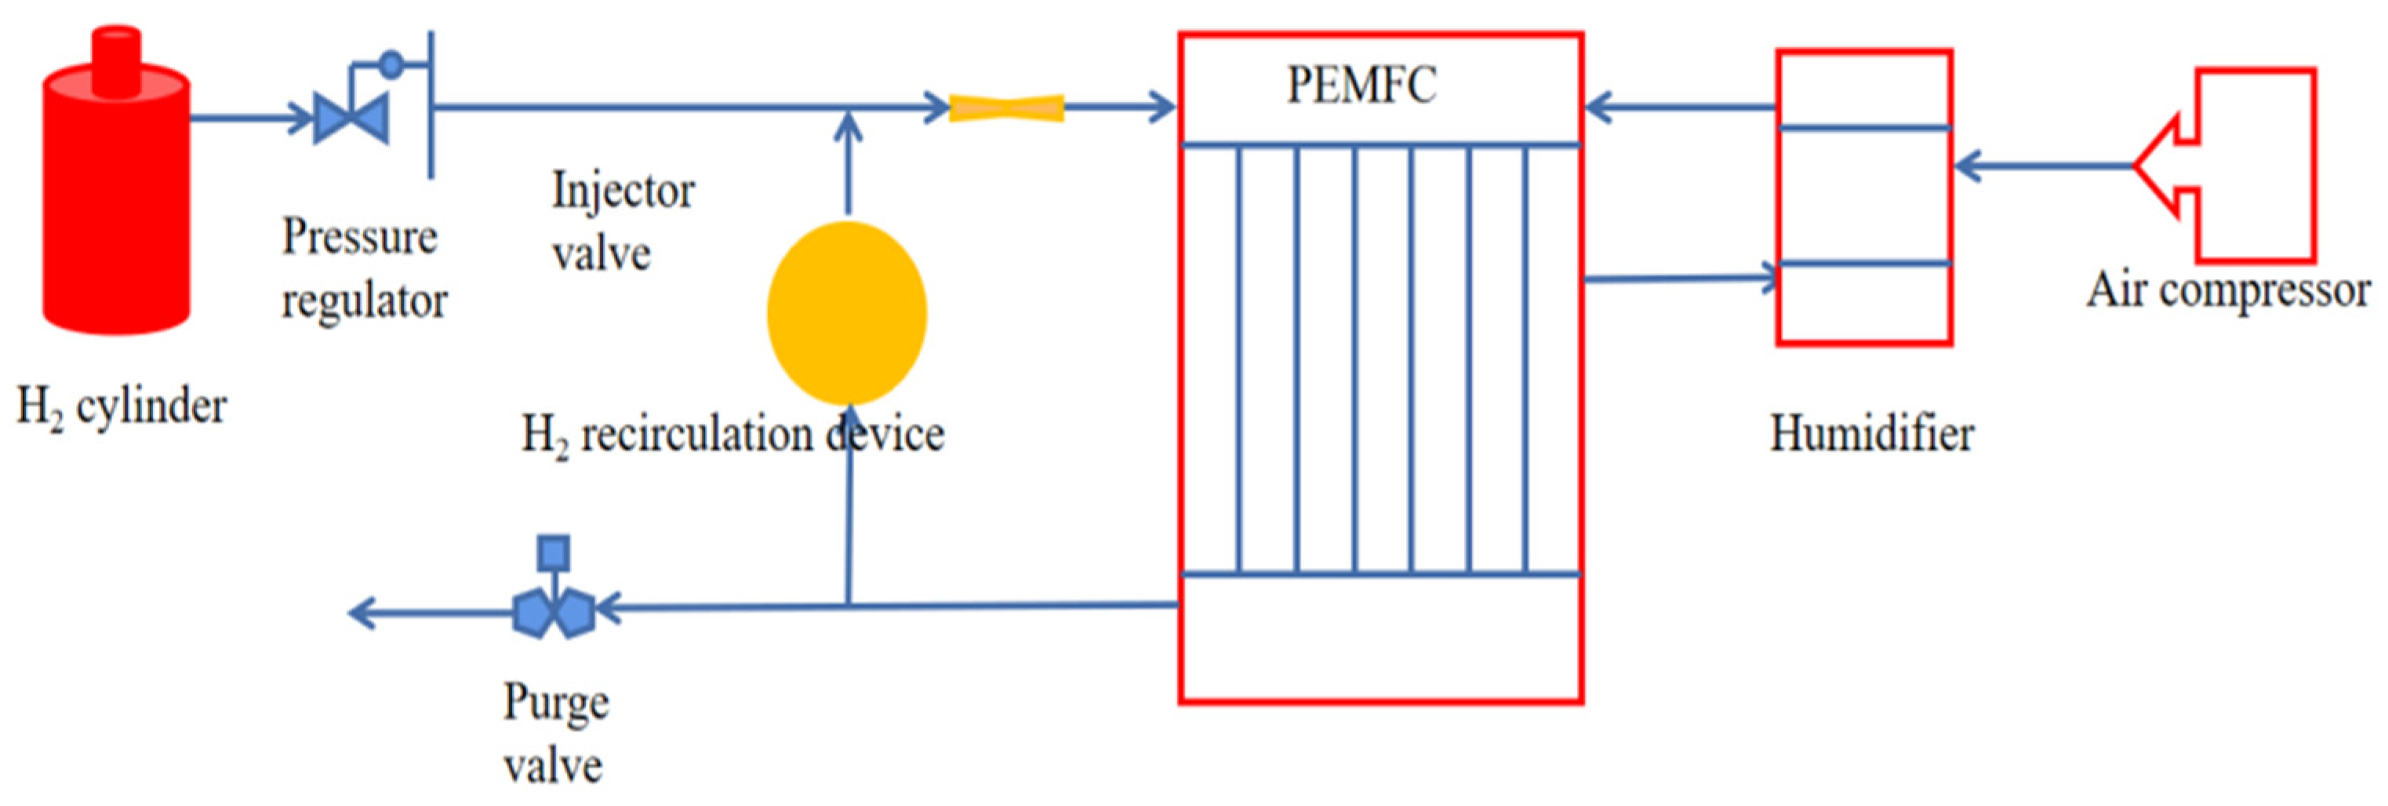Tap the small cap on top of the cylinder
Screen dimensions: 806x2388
pyautogui.click(x=117, y=57)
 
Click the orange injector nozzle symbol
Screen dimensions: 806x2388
pyautogui.click(x=1007, y=108)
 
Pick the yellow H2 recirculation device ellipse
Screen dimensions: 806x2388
pyautogui.click(x=846, y=312)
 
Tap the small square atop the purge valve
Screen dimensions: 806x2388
pyautogui.click(x=554, y=553)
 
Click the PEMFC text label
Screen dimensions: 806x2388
pyautogui.click(x=1361, y=86)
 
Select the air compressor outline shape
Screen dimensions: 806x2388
pyautogui.click(x=2244, y=165)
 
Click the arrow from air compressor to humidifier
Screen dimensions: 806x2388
pyautogui.click(x=2040, y=166)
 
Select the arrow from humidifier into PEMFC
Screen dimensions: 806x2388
pyautogui.click(x=1678, y=107)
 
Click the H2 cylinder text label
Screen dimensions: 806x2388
pyautogui.click(x=122, y=407)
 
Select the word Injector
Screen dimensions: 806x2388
pyautogui.click(x=622, y=191)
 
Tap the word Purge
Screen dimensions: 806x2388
pyautogui.click(x=555, y=702)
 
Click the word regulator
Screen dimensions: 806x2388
pyautogui.click(x=365, y=301)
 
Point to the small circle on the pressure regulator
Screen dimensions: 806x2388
pyautogui.click(x=392, y=64)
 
